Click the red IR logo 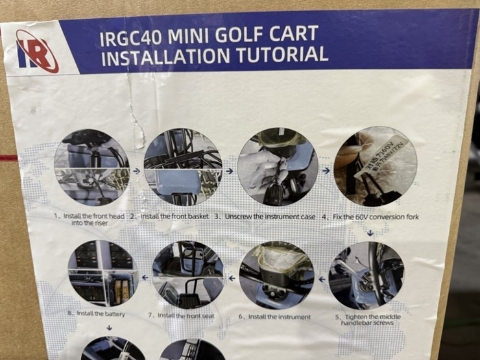[37, 50]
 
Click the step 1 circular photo [91, 168]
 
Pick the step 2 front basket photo [182, 167]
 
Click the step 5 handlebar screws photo [366, 275]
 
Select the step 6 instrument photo [276, 274]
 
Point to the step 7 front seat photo [188, 274]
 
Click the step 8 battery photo [103, 273]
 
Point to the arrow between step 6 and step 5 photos [321, 279]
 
